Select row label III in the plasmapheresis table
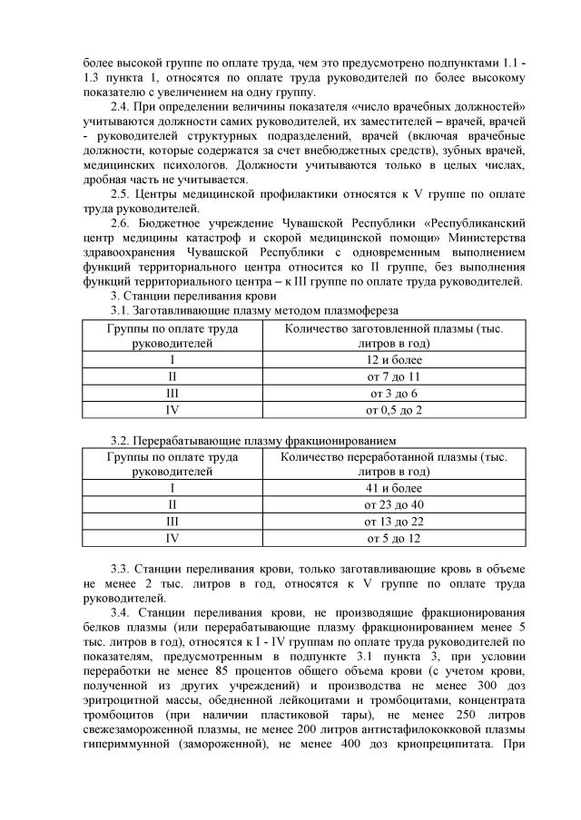tap(172, 394)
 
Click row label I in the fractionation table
tap(172, 488)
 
